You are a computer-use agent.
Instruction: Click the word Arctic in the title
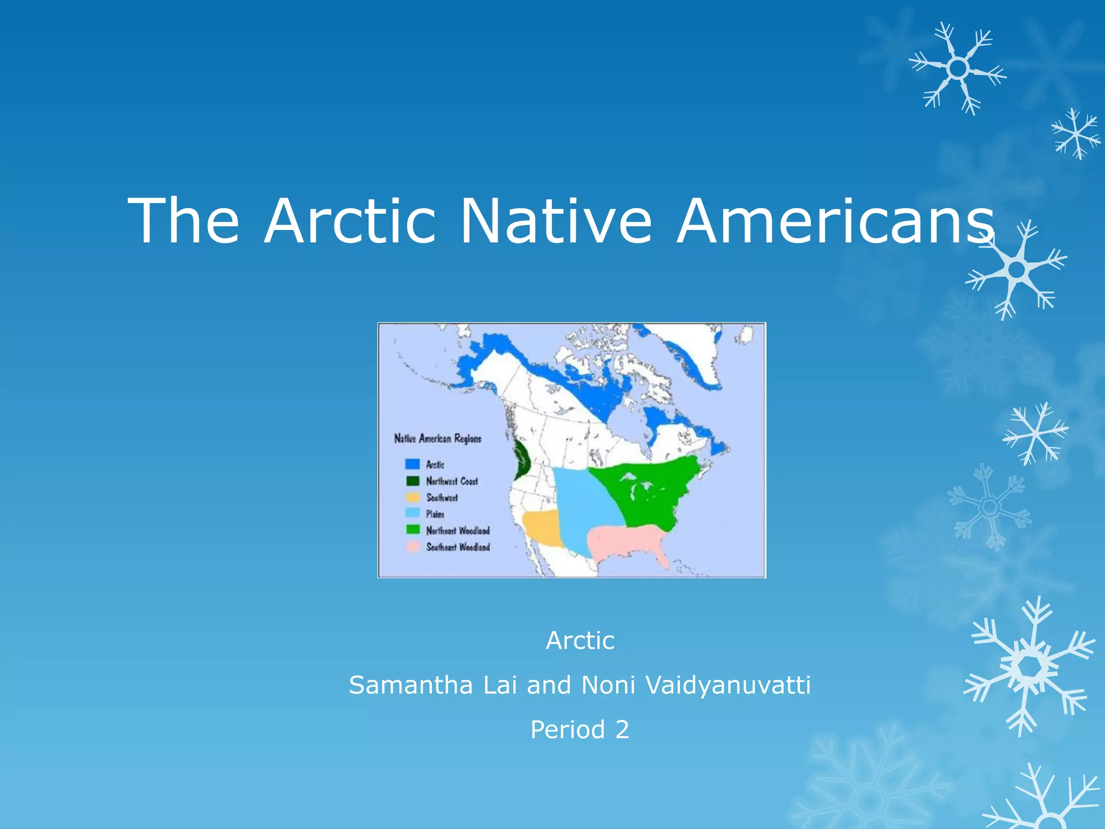click(350, 221)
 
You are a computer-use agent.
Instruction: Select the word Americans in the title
click(835, 221)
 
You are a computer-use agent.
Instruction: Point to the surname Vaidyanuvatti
click(728, 685)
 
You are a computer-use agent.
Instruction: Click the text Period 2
click(579, 730)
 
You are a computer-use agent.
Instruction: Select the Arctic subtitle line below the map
click(580, 641)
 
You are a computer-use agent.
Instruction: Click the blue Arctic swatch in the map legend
click(413, 464)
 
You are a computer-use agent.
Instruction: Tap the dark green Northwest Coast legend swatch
click(413, 481)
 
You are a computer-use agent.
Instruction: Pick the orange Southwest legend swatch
click(413, 497)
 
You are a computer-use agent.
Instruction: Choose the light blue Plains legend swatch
click(413, 513)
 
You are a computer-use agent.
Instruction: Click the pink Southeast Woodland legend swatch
click(413, 547)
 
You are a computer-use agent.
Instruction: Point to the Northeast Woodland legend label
click(458, 531)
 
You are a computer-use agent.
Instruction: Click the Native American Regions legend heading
click(438, 438)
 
